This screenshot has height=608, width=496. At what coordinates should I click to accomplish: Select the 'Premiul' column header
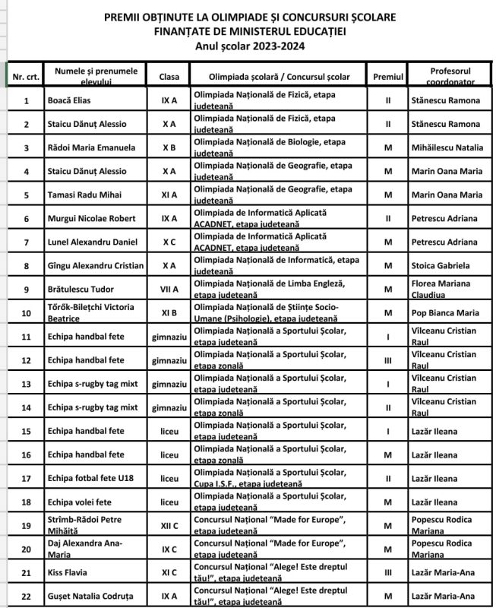(x=388, y=77)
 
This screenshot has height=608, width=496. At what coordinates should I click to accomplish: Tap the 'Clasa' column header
(x=169, y=77)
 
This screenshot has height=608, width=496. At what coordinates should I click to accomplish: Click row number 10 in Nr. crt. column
(x=27, y=312)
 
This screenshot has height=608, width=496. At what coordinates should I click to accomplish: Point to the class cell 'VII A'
(x=169, y=289)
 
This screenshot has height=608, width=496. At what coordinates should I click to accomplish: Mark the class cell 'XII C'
(x=169, y=525)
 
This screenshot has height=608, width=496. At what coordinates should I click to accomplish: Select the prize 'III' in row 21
(x=388, y=572)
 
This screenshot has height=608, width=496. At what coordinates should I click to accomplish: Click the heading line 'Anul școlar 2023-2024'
(x=248, y=45)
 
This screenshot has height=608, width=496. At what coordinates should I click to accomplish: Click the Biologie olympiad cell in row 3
(x=276, y=147)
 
